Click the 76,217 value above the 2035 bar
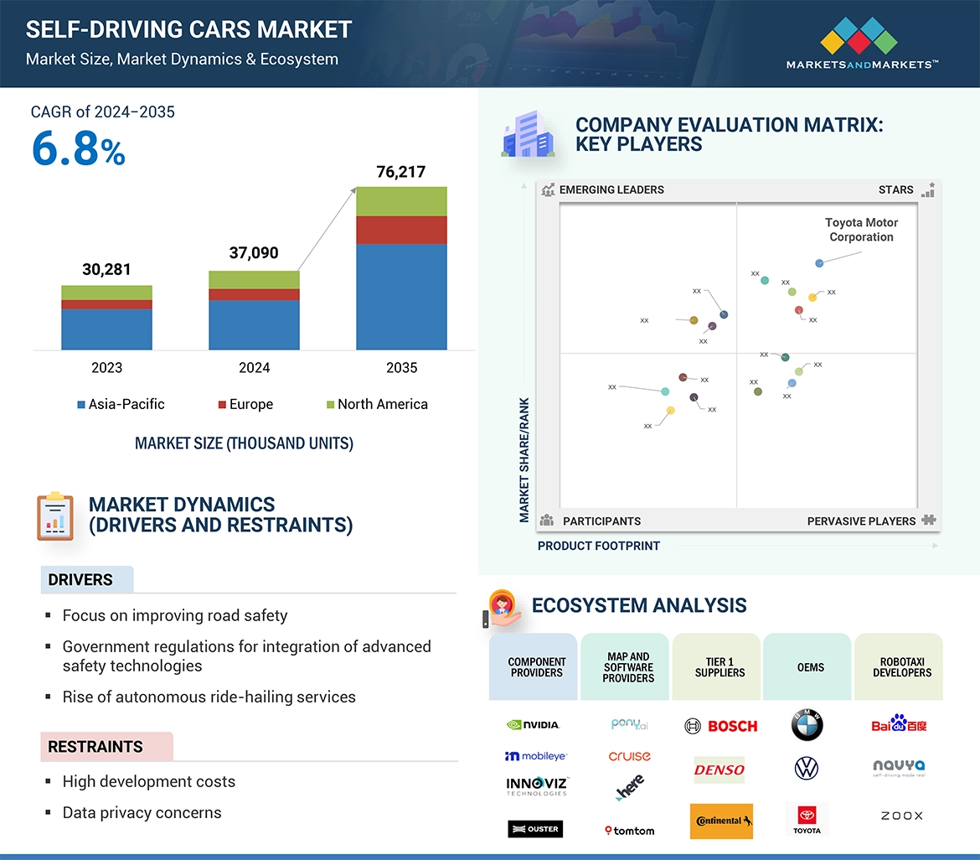tap(400, 172)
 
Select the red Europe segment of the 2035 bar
tap(401, 230)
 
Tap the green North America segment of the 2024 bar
tap(254, 279)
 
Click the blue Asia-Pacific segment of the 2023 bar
tap(106, 329)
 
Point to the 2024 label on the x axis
tap(254, 367)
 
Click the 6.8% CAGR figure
tap(78, 149)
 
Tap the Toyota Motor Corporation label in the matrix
tap(861, 230)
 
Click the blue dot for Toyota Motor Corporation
tap(819, 263)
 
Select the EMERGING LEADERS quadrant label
tap(611, 189)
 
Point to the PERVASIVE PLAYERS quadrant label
tap(861, 521)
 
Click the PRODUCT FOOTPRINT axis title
tap(598, 546)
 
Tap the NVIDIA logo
tap(534, 724)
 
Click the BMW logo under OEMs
tap(807, 725)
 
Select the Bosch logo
tap(720, 726)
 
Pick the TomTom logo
tap(629, 830)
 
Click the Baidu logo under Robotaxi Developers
tap(899, 724)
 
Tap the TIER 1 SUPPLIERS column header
tap(720, 667)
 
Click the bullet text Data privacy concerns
tap(142, 812)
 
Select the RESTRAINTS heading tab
tap(95, 746)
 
